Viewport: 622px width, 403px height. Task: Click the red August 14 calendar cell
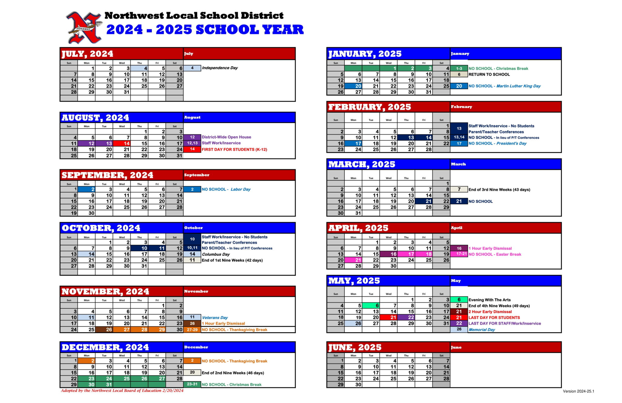[x=122, y=143]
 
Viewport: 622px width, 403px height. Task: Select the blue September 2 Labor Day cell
[x=87, y=189]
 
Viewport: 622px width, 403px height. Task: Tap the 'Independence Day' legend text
[x=220, y=68]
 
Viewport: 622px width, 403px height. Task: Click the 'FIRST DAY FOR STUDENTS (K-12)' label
[x=234, y=149]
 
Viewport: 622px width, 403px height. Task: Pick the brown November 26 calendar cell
[x=104, y=329]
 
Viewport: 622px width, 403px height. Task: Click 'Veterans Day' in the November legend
[x=215, y=318]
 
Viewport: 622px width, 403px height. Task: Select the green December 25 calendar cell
[x=122, y=379]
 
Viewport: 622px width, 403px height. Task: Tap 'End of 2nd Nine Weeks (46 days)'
[x=233, y=373]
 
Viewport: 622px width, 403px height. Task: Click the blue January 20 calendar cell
[x=353, y=86]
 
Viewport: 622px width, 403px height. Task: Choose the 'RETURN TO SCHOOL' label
[x=489, y=74]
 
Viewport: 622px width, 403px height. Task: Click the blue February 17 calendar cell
[x=353, y=143]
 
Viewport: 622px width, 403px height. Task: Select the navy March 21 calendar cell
[x=424, y=201]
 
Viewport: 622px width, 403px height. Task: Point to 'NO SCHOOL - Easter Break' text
[x=494, y=254]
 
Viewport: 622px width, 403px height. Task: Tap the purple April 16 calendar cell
[x=388, y=254]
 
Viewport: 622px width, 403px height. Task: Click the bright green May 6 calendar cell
[x=371, y=305]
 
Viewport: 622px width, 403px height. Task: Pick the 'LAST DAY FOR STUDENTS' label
[x=494, y=318]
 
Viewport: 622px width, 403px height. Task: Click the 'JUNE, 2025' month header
[x=354, y=347]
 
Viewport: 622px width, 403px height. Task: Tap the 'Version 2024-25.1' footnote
[x=578, y=391]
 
